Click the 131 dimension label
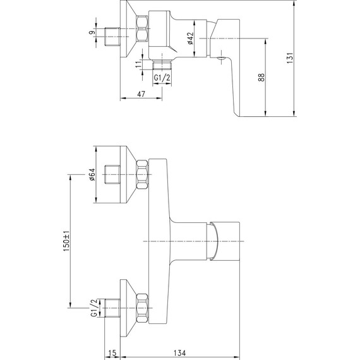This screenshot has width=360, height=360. [290, 58]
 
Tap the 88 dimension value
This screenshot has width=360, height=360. [261, 78]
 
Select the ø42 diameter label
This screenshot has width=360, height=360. [191, 38]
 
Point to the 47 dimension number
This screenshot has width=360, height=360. [141, 94]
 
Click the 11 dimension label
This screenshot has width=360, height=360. [138, 64]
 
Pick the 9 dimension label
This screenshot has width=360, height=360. [92, 32]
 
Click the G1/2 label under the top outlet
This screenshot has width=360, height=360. [162, 78]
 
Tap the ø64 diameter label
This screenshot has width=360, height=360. [92, 174]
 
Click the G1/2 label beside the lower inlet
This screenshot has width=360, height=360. [94, 308]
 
